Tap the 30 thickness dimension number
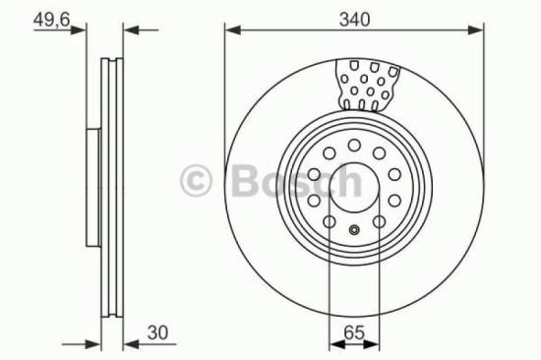(x=155, y=332)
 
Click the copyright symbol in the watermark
(x=198, y=181)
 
